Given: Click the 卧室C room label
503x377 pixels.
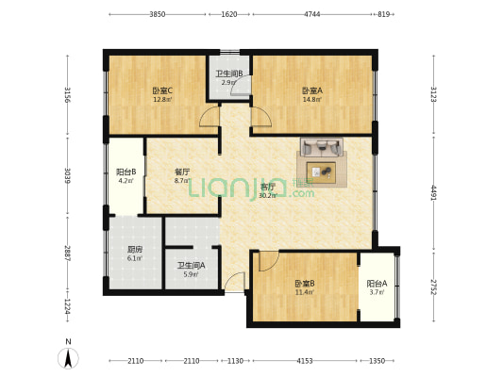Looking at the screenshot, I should [161, 90].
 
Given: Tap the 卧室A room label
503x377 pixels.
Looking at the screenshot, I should [312, 90].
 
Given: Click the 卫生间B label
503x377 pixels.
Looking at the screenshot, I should [228, 74].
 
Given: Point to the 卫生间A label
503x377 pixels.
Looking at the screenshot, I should [192, 266].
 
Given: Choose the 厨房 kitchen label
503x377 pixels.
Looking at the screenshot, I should [135, 250].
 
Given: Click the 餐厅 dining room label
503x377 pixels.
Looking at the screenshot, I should [182, 172].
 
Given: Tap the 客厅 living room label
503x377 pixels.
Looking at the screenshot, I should [268, 187].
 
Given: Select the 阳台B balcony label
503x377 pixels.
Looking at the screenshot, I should [126, 172].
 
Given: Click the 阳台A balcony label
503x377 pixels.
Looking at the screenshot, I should [377, 284].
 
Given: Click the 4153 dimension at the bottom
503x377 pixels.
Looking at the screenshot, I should [304, 361].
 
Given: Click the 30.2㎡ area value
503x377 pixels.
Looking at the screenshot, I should [268, 196].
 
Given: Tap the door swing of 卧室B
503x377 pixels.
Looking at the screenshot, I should [269, 261].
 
